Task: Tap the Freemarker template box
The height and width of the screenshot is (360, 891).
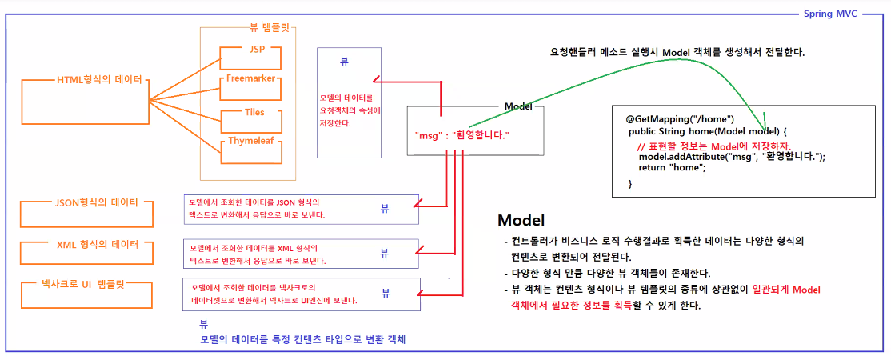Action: click(250, 78)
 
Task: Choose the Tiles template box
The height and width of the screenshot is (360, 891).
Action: click(254, 112)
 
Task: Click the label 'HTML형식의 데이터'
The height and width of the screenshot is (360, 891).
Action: click(99, 80)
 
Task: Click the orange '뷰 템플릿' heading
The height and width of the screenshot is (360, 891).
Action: click(266, 27)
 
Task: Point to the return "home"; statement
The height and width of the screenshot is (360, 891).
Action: click(672, 168)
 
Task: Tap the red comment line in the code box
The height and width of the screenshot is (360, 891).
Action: click(713, 146)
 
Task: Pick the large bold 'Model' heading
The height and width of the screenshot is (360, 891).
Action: click(521, 220)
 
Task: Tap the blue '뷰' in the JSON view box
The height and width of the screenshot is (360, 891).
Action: click(385, 209)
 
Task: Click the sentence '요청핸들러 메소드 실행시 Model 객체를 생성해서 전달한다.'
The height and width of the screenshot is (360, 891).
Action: click(676, 53)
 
